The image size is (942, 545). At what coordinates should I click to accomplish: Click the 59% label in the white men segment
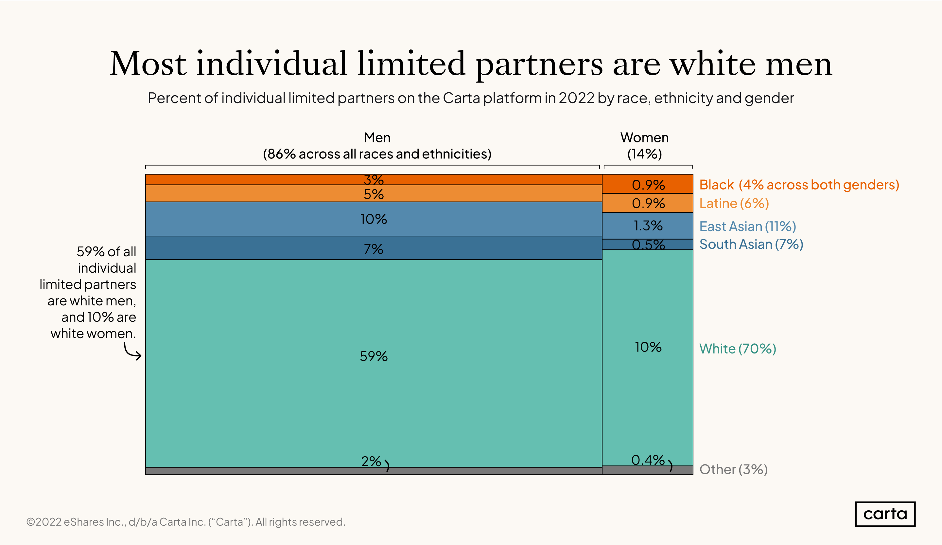coord(374,356)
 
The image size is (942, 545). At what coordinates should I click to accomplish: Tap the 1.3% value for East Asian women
coord(648,226)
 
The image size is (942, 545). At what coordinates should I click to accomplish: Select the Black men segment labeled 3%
coord(374,180)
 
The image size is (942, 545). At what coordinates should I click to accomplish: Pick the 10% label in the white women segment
coord(648,347)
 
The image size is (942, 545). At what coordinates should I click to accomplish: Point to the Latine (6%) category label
coord(734,204)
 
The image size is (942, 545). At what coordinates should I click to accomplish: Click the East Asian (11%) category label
coord(748,226)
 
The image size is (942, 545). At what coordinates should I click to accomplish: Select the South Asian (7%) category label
coord(751,244)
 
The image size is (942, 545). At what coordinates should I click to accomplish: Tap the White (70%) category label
coord(738,349)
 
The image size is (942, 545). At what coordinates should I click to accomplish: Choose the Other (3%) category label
coord(733,469)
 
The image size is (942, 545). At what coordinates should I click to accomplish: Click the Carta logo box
coord(885,514)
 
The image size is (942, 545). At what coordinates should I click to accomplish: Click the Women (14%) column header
coord(644,146)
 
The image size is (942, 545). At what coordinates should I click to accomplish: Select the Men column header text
coord(377,138)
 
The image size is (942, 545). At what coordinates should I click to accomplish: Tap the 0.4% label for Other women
coord(648,460)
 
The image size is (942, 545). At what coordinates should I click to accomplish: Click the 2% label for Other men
coord(371,461)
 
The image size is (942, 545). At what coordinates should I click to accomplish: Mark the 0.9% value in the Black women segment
coord(648,185)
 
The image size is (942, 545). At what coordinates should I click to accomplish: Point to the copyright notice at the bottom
coord(185,522)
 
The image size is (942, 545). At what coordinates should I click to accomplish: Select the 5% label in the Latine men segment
coord(374,194)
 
